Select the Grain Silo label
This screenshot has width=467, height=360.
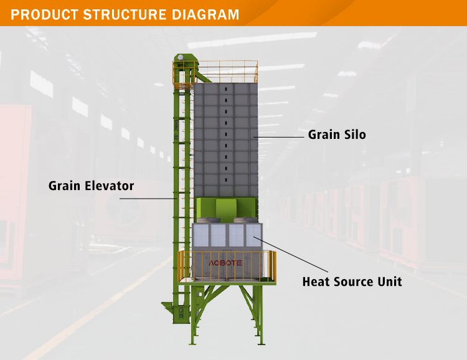coord(337,135)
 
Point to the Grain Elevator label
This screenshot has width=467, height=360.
coord(91,186)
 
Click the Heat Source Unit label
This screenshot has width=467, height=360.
coord(352,282)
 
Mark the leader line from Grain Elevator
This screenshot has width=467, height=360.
coord(146,199)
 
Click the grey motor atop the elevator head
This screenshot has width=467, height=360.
coord(181,57)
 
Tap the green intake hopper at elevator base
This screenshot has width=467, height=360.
coord(168,307)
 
